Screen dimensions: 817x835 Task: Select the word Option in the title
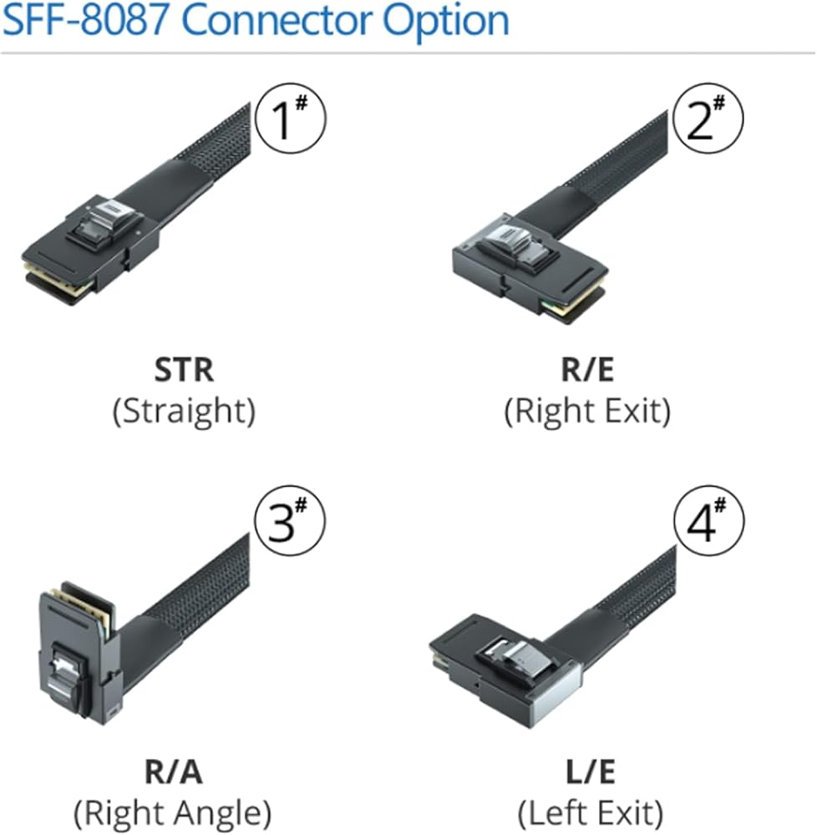[445, 21]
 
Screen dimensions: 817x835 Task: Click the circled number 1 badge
[289, 119]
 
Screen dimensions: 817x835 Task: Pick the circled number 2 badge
[708, 119]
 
